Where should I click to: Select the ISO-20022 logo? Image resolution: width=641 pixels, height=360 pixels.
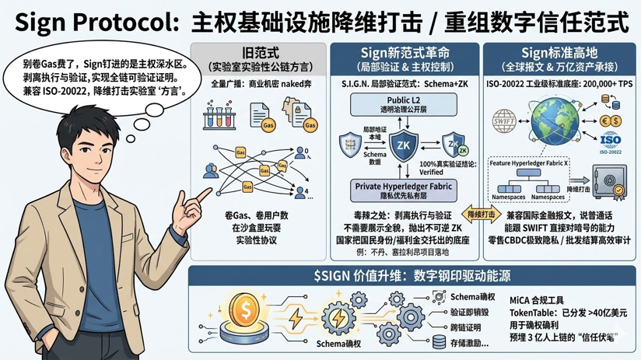[x=611, y=143]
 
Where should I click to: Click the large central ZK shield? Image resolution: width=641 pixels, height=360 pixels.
[x=403, y=145]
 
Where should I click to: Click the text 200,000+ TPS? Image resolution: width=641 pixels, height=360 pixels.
[x=598, y=82]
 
